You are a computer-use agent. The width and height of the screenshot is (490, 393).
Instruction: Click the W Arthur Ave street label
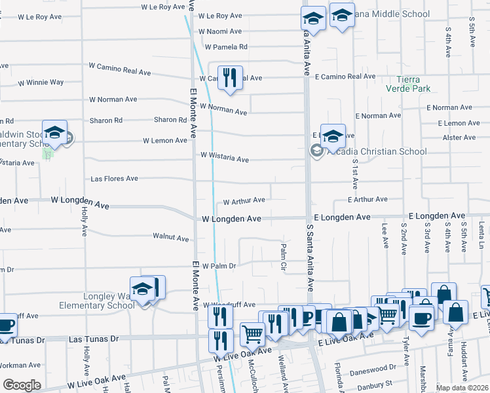(244, 200)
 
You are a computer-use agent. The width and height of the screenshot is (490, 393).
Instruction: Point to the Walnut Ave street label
(170, 237)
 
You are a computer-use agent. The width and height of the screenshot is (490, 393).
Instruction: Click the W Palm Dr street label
(218, 266)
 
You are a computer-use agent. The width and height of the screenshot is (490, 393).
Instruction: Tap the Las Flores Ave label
(114, 178)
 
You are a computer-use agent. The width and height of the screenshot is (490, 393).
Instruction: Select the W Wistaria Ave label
(225, 158)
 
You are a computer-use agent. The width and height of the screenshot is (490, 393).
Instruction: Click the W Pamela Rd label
(225, 47)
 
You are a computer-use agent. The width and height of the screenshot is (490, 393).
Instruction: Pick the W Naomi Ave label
(220, 31)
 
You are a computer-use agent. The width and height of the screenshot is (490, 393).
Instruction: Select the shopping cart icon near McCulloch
(252, 333)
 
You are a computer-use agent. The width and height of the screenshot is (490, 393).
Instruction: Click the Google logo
(22, 385)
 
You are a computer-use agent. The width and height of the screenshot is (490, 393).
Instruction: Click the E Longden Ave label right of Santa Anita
(343, 217)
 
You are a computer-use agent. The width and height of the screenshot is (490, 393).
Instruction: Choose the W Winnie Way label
(41, 83)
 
